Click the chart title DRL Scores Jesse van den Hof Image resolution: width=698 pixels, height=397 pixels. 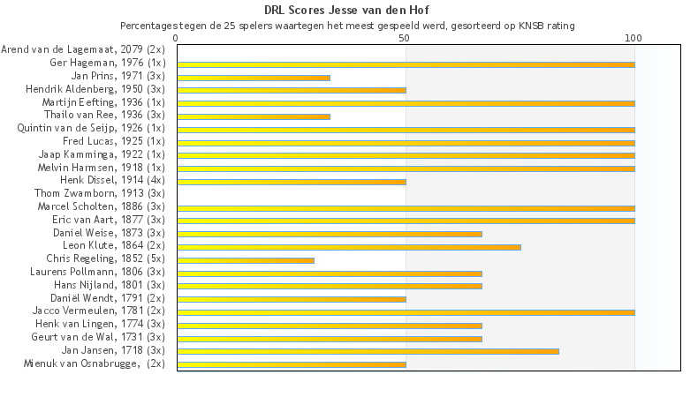(347, 11)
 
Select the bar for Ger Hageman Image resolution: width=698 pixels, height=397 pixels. (406, 64)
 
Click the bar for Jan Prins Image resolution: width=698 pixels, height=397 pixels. (254, 78)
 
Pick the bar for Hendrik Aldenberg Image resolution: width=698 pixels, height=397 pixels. (292, 90)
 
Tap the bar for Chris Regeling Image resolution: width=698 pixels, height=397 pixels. (246, 260)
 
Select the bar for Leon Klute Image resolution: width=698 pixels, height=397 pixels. (349, 247)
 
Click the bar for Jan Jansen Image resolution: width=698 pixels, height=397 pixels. (368, 351)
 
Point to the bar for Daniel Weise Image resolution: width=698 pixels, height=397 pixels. (330, 234)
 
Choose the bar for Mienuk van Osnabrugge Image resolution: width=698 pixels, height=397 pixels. (292, 364)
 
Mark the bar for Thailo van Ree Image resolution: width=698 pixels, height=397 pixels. (254, 116)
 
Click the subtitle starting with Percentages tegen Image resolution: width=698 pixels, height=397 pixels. (347, 26)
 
